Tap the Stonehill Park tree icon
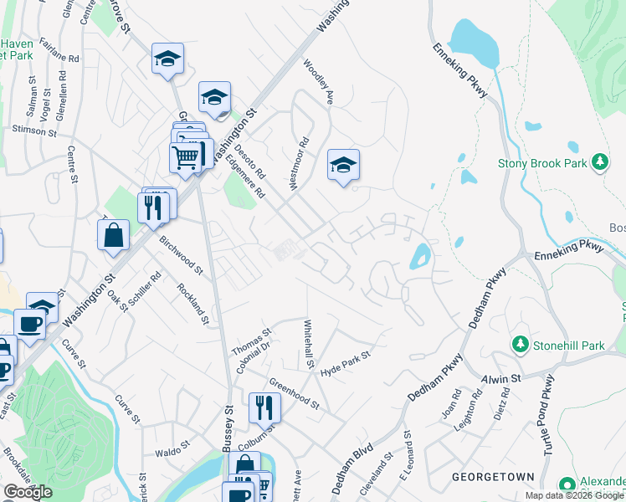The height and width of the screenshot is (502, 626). pos(520,344)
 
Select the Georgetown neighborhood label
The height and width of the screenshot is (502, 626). pos(493,477)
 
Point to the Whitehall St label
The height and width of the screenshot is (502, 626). pos(308,345)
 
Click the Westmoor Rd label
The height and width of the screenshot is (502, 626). pos(300,164)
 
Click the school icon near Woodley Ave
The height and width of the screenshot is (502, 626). pos(343,166)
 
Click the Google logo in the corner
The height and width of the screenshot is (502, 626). pos(28,493)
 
